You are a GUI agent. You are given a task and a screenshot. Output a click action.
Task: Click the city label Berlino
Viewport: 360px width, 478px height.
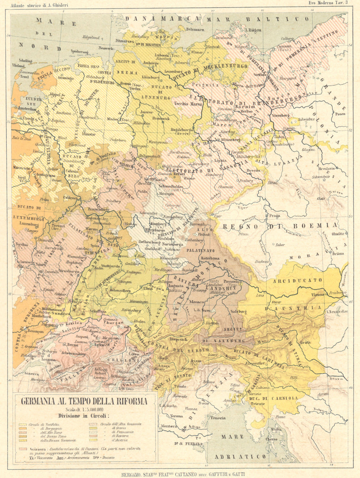click(x=247, y=112)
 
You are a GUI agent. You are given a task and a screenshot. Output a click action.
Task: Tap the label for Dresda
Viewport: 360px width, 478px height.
click(x=253, y=170)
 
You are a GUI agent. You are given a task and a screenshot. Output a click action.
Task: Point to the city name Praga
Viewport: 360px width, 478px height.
click(x=274, y=216)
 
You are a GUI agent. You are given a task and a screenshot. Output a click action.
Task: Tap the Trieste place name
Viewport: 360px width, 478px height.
click(x=258, y=403)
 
